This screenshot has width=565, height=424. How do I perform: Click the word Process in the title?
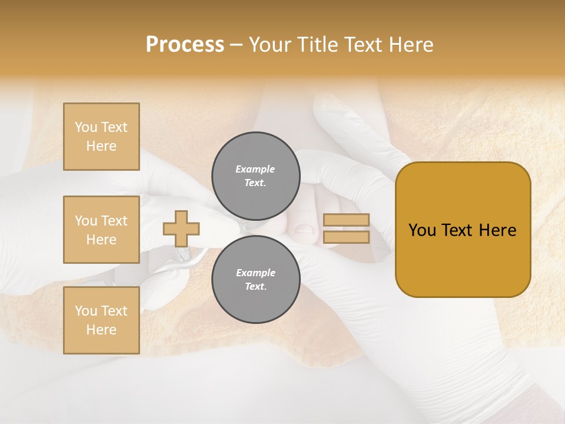pos(185,45)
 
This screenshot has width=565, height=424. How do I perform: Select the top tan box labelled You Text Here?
pos(101,137)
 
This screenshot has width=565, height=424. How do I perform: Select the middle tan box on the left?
pos(101,230)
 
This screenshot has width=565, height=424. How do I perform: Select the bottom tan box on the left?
pos(101,320)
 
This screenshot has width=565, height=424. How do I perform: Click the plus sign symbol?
pos(181,228)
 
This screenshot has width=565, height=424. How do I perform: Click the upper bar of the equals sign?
pos(346,220)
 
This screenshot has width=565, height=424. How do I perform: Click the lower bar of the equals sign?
pos(346,237)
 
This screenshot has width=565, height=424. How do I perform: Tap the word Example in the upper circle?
pos(255,169)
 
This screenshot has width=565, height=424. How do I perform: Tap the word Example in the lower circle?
pos(255,273)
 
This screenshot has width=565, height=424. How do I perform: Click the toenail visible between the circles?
pos(304,228)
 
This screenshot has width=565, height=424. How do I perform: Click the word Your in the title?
pos(271,45)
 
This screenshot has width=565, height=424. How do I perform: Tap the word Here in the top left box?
pos(101,146)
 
